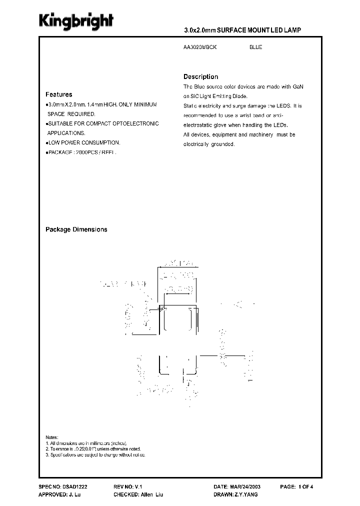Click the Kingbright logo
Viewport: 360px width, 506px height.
pos(76,20)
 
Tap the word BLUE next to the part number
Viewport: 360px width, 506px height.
pos(255,47)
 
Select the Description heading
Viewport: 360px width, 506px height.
pos(200,77)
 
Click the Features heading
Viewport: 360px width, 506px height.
pos(58,94)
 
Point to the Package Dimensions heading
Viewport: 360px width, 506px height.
pos(76,229)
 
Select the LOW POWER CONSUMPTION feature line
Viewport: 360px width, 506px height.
pos(83,142)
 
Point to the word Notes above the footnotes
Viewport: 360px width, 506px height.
pos(51,437)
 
